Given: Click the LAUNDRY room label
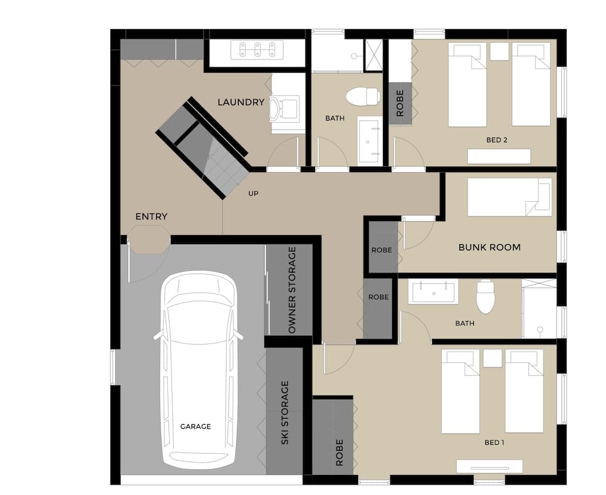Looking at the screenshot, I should coord(241,102).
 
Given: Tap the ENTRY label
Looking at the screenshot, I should coord(151,216).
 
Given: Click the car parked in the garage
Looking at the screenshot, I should coord(198,370).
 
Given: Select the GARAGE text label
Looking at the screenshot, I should coord(195,427).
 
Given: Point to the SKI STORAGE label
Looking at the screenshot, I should coord(285,413).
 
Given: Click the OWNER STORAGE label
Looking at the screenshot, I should coord(292,290).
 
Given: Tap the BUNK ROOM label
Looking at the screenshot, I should coord(489,247).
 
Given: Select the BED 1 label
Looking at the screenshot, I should coord(494,442).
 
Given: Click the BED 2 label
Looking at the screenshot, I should coord(496,140).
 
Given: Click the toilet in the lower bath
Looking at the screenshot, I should coord(485,296).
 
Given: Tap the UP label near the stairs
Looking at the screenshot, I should coord(254,194).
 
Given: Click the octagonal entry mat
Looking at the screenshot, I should coord(149,239).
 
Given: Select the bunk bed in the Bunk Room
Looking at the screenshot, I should coord(509,197).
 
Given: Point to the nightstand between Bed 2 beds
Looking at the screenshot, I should coord(499,51).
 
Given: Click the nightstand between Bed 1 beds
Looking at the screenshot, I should coord(492,358).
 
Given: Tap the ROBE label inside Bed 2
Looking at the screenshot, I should coord(400,104).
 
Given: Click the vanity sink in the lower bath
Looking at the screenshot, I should coord(433,293).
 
